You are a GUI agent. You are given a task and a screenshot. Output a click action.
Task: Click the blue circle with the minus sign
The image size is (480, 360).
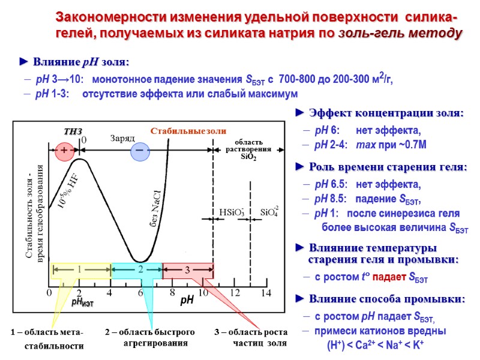(x=140, y=151)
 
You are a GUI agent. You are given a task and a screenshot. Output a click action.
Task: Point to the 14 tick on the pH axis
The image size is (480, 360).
(x=266, y=293)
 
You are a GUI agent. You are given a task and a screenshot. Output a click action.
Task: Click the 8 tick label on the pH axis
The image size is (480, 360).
(x=172, y=293)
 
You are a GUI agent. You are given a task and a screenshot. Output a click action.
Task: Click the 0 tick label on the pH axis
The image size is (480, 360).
(x=49, y=293)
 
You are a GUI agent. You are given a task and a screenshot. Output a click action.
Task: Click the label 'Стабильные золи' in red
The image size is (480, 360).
(x=188, y=131)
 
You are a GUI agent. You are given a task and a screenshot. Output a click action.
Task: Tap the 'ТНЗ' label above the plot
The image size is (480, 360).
(x=73, y=131)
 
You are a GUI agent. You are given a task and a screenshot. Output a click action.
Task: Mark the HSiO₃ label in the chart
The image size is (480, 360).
(x=232, y=212)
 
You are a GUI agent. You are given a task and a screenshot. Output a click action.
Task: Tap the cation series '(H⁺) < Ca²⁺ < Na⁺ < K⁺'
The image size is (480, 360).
(x=376, y=345)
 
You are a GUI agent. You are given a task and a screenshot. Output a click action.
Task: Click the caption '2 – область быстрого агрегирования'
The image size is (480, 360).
(x=150, y=338)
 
